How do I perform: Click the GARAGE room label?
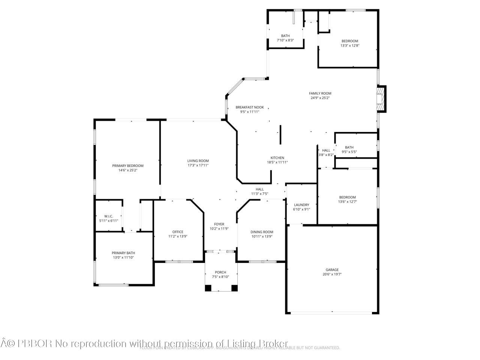332,270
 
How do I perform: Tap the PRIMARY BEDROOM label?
128,166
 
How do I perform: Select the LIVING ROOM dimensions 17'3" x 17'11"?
198,165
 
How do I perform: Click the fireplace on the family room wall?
381,99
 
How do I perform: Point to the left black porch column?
208,288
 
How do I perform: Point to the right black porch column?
234,288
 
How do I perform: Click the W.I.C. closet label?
109,216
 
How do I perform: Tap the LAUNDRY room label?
301,205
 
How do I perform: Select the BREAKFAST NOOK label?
250,107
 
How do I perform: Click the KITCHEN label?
277,158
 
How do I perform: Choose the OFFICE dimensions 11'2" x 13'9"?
178,237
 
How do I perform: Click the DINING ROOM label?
262,232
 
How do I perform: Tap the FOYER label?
219,224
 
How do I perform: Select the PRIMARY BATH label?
123,253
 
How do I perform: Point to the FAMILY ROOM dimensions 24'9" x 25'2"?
320,98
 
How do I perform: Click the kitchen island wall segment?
280,135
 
